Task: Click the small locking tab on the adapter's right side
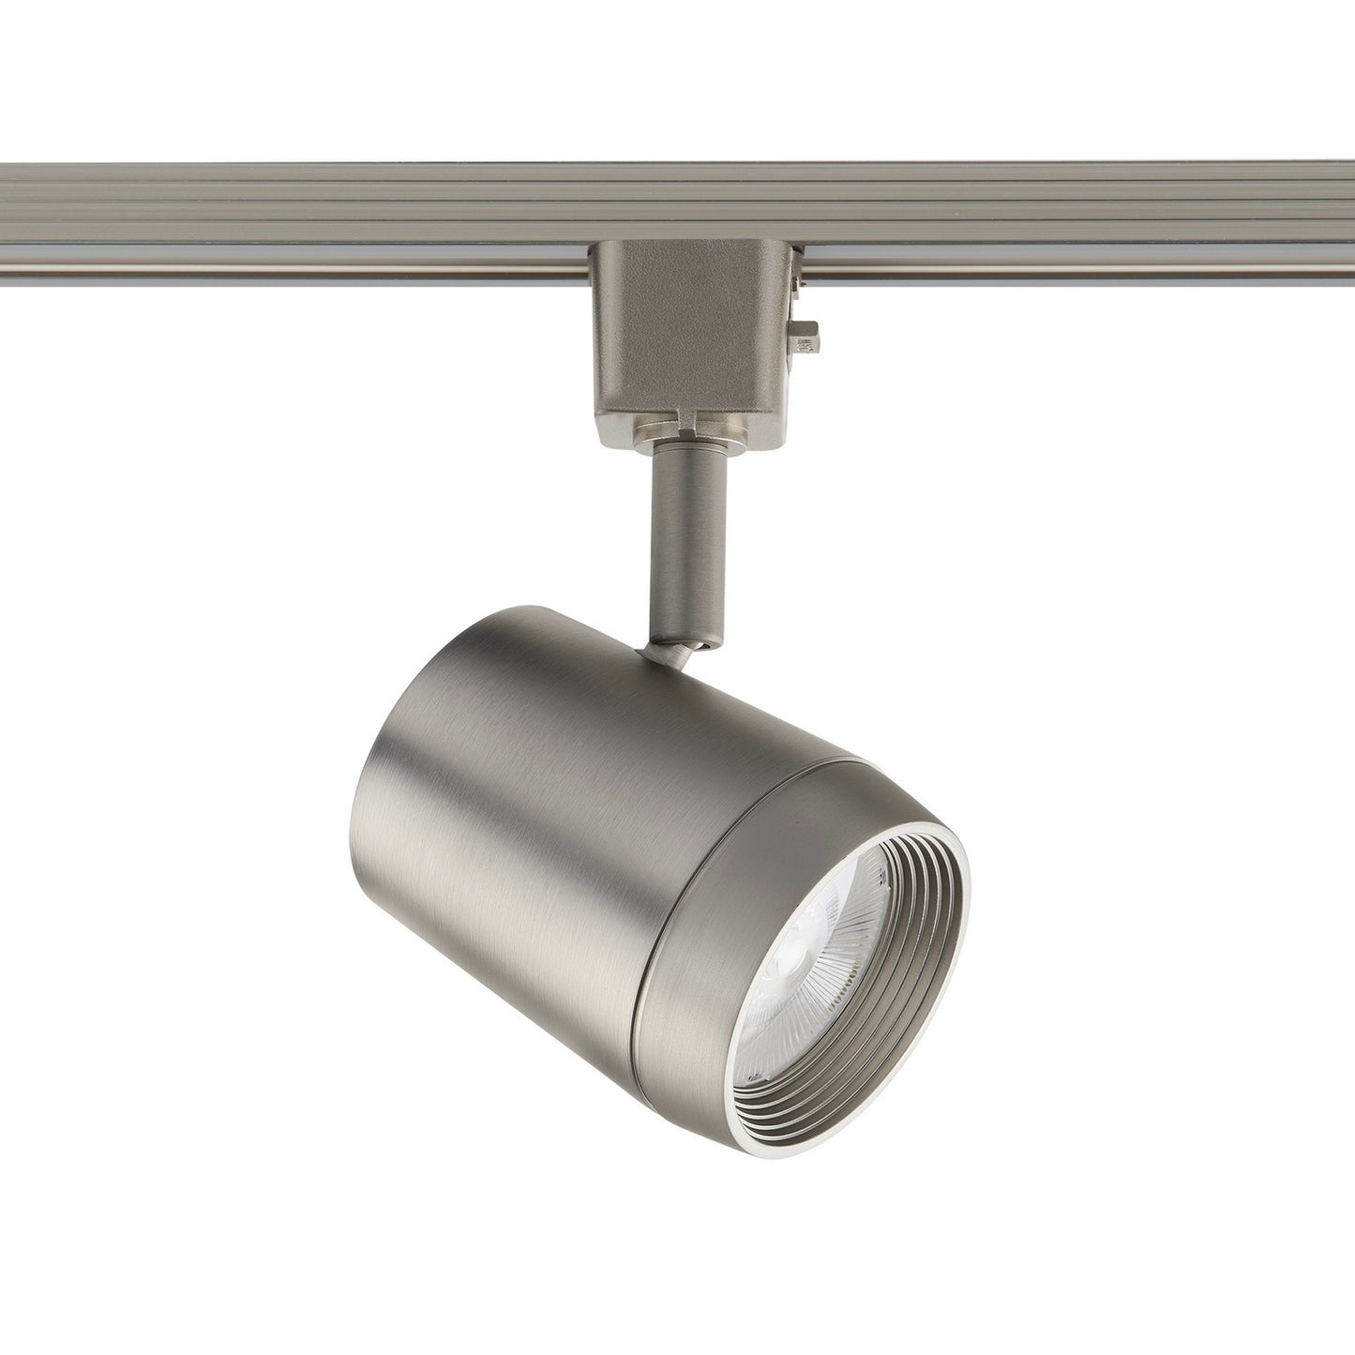tap(808, 335)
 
